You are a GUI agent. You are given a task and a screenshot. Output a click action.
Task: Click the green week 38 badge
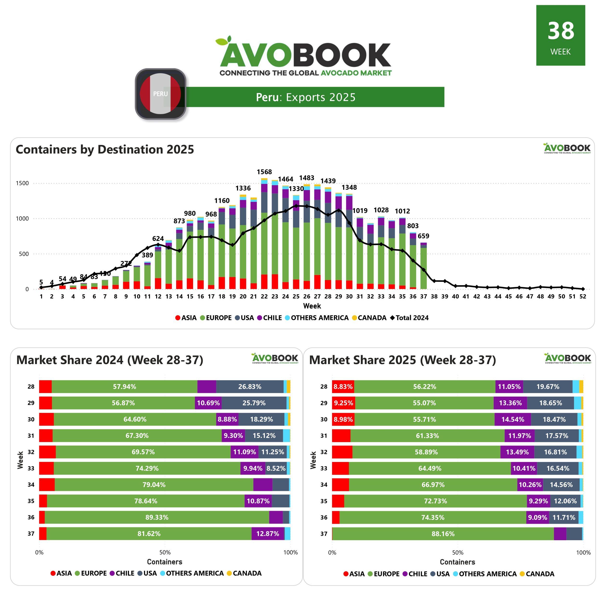(561, 35)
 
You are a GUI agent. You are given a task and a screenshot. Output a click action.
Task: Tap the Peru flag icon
(161, 94)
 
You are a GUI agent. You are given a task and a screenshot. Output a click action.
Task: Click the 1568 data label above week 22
(264, 172)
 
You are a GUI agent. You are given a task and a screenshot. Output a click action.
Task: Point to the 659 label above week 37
(423, 236)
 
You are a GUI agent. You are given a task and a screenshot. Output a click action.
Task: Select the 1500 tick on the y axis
(22, 183)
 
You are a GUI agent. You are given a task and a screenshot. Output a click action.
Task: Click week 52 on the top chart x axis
(583, 296)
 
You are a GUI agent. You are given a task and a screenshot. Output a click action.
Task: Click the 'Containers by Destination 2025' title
(105, 149)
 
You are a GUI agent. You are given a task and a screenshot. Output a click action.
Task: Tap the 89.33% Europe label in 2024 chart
(157, 517)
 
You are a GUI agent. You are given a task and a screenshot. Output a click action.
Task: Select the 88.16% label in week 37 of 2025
(443, 534)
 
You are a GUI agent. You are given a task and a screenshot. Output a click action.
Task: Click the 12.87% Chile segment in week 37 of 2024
(267, 534)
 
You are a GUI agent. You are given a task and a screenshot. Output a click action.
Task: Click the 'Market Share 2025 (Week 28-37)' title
(403, 360)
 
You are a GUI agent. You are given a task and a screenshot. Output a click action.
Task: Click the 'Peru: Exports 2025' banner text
(306, 97)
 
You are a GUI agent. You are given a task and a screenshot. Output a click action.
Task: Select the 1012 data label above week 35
(402, 211)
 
